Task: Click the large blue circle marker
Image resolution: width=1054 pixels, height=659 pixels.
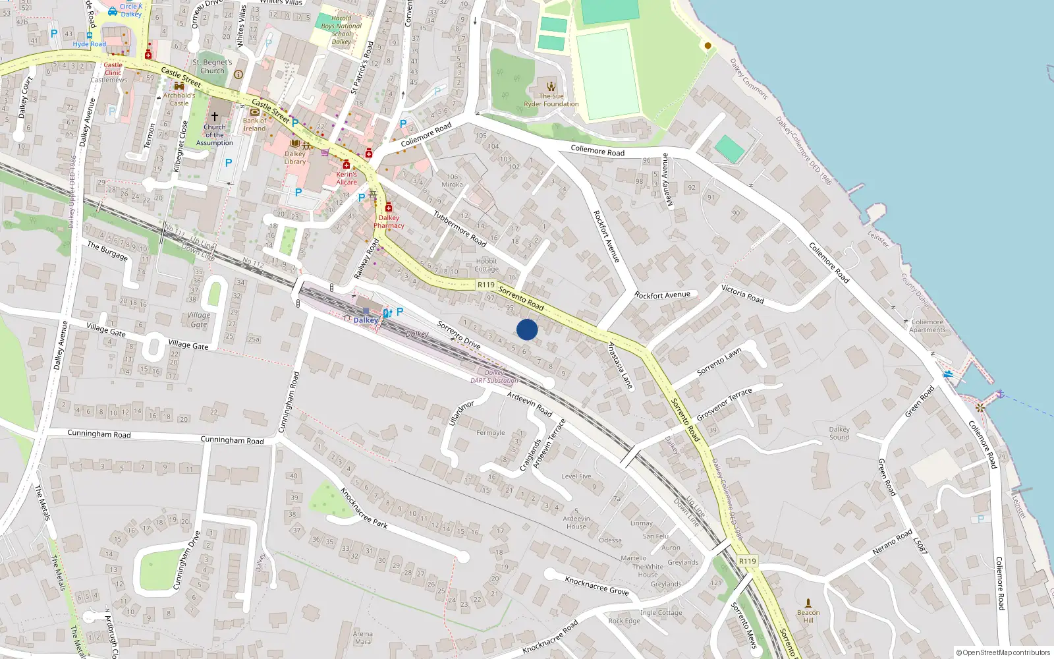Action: point(527,329)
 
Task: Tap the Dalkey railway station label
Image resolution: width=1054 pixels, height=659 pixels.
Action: point(366,320)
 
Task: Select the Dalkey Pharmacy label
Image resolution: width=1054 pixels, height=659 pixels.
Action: point(389,221)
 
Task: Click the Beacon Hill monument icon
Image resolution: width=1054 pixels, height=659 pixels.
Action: point(808,602)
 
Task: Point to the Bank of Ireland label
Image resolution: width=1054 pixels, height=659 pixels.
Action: point(255,125)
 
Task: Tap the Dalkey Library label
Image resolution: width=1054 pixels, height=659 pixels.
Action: point(295,158)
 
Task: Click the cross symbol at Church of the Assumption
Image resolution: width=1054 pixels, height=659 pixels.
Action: point(214,116)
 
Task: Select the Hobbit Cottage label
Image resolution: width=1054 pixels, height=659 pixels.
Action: point(486,265)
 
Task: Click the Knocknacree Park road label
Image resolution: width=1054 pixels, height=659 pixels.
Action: point(364,508)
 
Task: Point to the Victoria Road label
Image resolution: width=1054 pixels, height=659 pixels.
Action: point(742,295)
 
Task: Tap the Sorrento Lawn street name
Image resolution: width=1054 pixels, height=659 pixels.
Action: point(719,362)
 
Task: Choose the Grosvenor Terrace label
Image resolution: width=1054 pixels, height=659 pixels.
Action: point(725,404)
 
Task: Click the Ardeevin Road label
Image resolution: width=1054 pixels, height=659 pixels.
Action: point(530,404)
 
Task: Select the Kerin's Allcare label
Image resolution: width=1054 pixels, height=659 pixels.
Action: point(347,179)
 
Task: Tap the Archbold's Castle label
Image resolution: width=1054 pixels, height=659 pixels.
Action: point(179,99)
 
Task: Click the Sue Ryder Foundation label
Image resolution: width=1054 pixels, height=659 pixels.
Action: point(551,100)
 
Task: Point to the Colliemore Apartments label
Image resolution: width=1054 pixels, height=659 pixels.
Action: point(928,326)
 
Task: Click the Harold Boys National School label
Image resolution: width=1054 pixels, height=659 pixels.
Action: point(341,30)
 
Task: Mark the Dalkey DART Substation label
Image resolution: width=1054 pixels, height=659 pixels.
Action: point(494,377)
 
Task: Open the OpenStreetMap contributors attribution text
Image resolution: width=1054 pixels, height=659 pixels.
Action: point(1003,653)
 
